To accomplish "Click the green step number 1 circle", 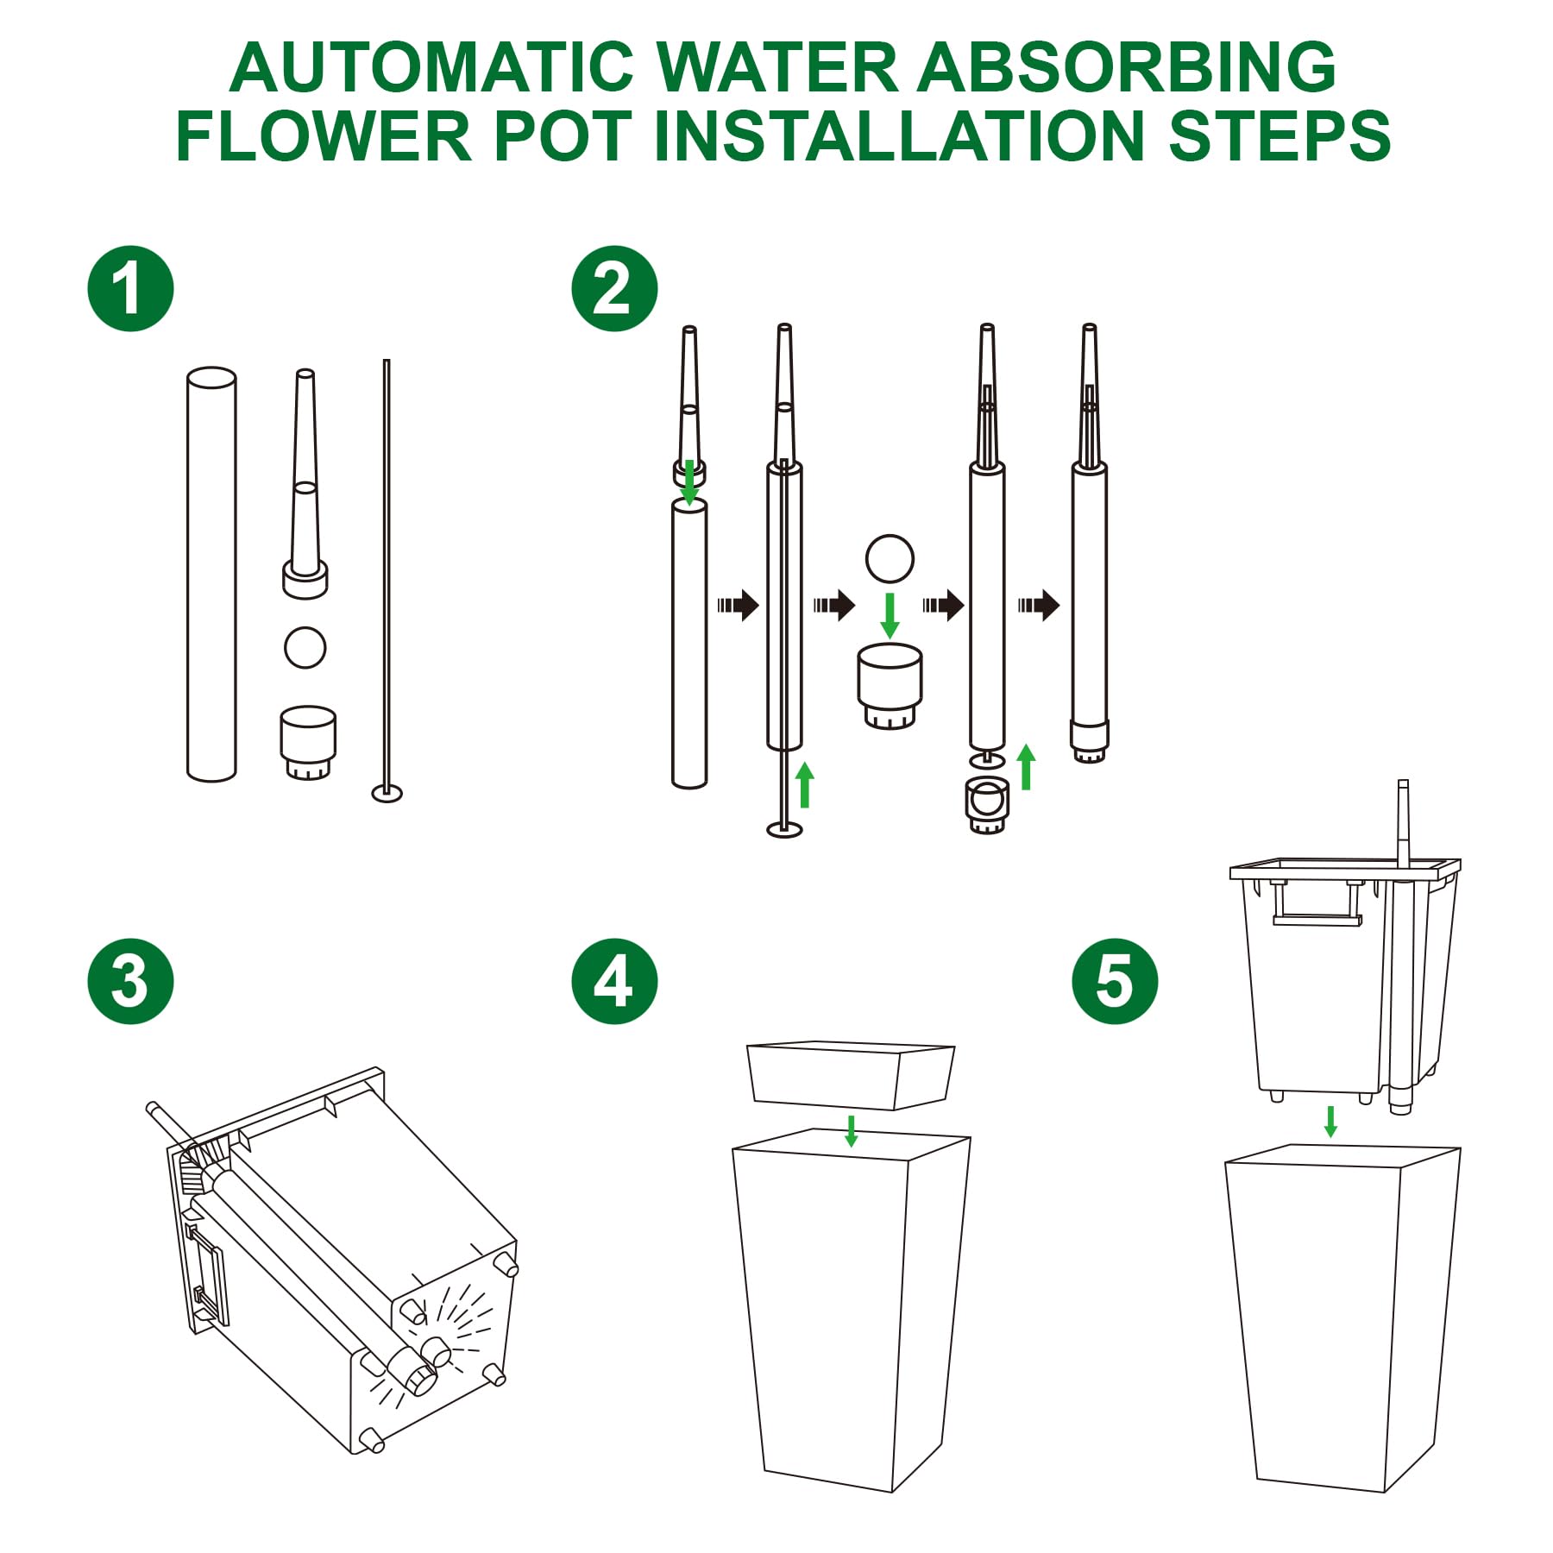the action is (130, 289).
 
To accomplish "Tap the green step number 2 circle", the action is (614, 289).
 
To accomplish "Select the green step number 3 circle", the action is (130, 981).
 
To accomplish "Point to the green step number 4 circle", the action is (614, 981).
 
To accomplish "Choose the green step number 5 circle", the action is (1115, 981).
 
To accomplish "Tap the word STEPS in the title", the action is (1279, 135).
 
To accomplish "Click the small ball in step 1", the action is (305, 647).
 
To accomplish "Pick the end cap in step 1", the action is (308, 743).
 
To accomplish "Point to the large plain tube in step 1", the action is (211, 575).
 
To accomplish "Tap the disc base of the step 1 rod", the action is (387, 792).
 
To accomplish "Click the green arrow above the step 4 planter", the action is (852, 1130).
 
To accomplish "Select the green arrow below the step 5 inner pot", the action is (1330, 1122).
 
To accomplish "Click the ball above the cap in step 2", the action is (890, 558).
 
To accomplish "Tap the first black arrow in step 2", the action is (738, 605).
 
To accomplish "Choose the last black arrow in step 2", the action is (1039, 605).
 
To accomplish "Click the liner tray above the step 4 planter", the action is (851, 1074).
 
